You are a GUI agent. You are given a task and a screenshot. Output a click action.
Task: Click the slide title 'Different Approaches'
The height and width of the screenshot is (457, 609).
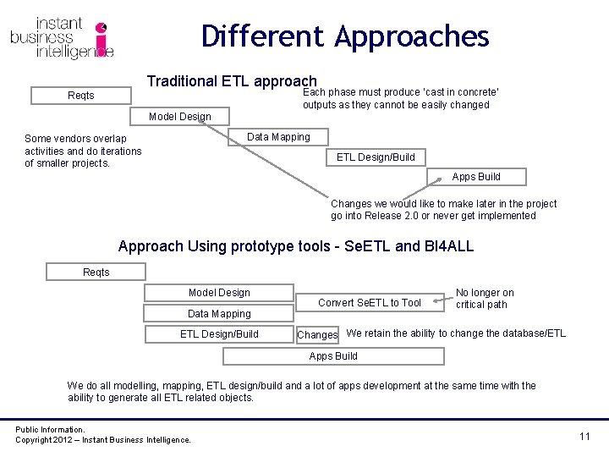[x=345, y=36]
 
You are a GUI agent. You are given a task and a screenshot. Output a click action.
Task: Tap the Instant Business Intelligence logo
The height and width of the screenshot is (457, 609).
[x=63, y=38]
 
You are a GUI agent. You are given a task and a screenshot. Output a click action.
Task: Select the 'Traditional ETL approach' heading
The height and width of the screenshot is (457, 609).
[x=232, y=81]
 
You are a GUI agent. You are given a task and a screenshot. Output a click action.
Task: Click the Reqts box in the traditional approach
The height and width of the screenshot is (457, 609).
[x=81, y=96]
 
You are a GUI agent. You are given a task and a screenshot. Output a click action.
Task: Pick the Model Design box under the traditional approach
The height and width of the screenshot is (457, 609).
[x=179, y=117]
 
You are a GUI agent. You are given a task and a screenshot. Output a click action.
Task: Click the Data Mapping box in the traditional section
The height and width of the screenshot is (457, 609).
[x=278, y=137]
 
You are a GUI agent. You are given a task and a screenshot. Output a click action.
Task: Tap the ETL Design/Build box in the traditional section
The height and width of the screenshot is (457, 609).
[x=376, y=157]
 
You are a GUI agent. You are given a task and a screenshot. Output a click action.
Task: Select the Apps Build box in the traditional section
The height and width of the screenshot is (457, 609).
[x=476, y=177]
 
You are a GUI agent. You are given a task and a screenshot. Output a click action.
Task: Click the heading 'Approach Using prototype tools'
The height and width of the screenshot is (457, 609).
[x=296, y=246]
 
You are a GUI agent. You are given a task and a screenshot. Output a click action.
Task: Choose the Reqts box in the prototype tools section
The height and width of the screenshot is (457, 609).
[x=96, y=272]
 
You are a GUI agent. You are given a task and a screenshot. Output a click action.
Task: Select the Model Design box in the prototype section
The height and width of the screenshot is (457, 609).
[x=219, y=293]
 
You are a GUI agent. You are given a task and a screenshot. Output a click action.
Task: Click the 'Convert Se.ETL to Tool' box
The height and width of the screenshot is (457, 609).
[x=370, y=303]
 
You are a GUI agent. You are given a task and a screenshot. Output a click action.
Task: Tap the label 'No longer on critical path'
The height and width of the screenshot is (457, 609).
[x=485, y=299]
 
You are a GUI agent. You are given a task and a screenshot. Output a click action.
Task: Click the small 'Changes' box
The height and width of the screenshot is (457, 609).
[x=318, y=335]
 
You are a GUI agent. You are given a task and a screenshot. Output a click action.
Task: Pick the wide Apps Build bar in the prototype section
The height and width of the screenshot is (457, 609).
[x=333, y=356]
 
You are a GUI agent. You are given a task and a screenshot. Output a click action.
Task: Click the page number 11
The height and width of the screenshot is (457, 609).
[x=584, y=436]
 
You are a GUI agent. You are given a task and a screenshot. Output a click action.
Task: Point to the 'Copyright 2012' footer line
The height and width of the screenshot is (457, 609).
[x=103, y=439]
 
